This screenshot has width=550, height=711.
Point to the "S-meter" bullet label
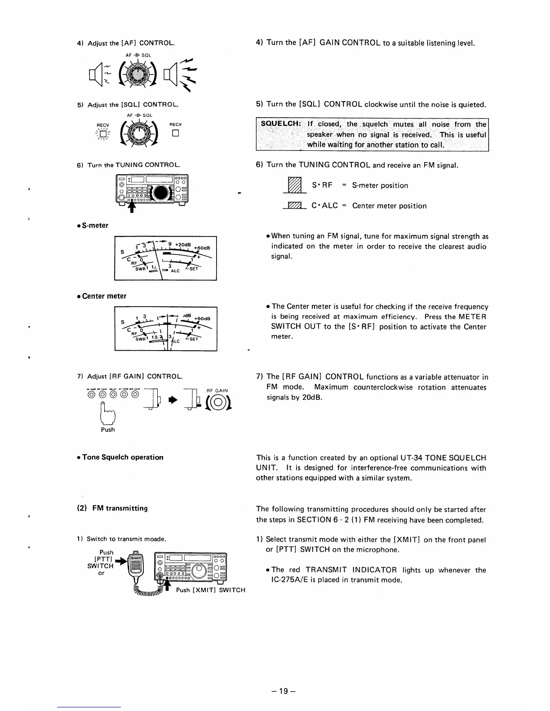(x=95, y=225)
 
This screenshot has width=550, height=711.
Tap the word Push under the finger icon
(x=108, y=430)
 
